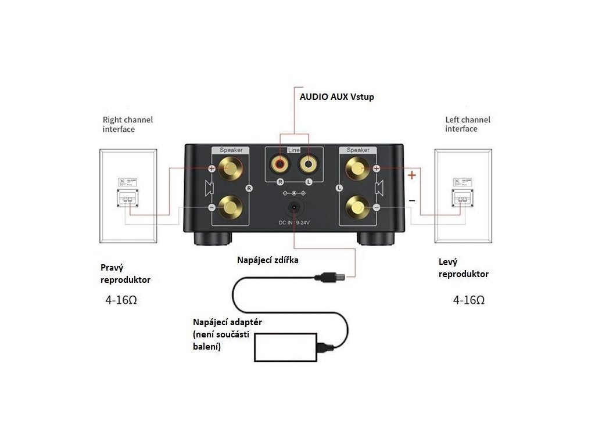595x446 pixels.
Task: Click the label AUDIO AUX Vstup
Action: (x=336, y=97)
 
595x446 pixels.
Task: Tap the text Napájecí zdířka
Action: (x=268, y=260)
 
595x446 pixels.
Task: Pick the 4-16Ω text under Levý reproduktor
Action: (x=469, y=300)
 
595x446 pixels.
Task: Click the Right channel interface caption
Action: (x=128, y=124)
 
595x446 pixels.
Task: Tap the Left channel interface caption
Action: (x=468, y=124)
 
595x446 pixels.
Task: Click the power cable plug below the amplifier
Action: (x=330, y=277)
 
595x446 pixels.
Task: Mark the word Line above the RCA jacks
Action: (x=295, y=150)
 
